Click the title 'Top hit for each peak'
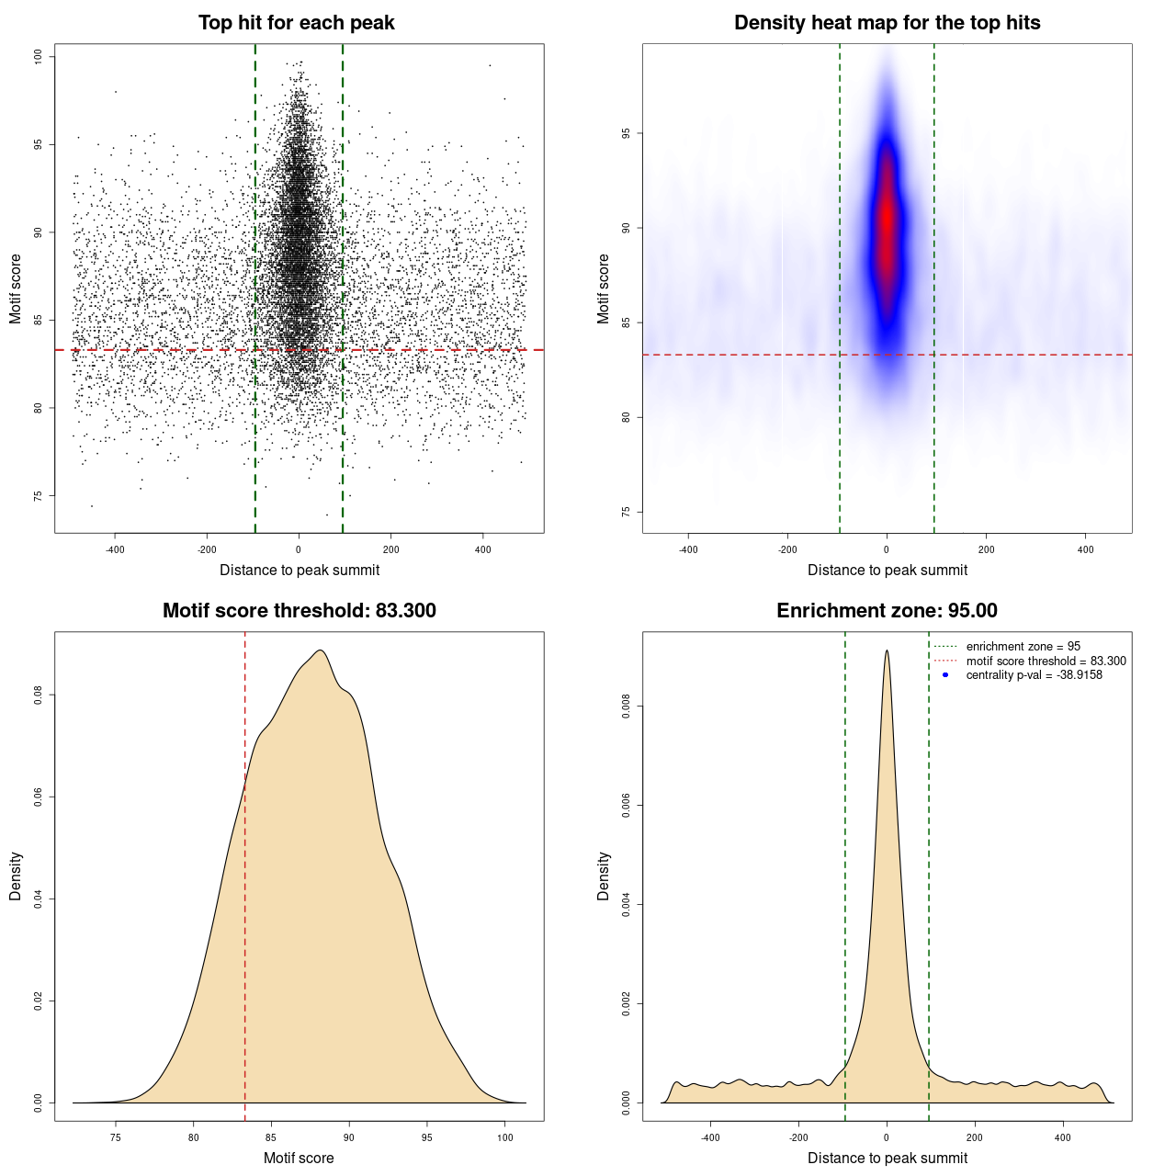click(x=296, y=23)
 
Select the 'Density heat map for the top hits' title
click(x=887, y=23)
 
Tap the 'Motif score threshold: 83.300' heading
click(x=299, y=611)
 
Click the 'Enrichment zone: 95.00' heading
click(x=887, y=611)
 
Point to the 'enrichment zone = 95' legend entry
click(x=1023, y=647)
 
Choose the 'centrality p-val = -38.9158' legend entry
click(x=1034, y=675)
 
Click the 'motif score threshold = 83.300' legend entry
click(x=1046, y=661)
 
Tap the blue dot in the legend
click(x=945, y=675)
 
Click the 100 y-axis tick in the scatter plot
click(x=39, y=57)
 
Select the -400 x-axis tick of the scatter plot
click(x=115, y=549)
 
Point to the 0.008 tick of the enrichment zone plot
click(x=627, y=707)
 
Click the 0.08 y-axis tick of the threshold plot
click(x=39, y=695)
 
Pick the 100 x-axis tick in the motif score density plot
click(x=504, y=1137)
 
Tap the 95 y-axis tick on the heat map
click(x=627, y=133)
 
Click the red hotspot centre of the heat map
click(x=887, y=220)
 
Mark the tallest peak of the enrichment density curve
click(x=887, y=651)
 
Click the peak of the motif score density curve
click(x=320, y=651)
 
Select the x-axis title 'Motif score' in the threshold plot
click(x=299, y=1158)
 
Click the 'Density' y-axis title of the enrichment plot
click(x=604, y=876)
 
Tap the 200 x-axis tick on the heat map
click(x=986, y=549)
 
